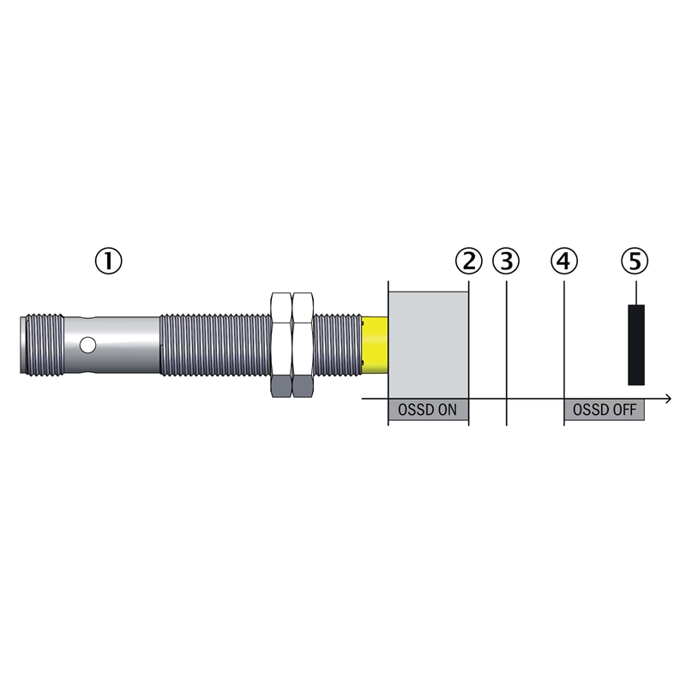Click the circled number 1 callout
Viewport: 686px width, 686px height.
click(109, 262)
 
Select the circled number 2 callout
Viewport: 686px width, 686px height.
click(468, 262)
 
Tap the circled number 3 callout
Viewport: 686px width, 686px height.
click(506, 262)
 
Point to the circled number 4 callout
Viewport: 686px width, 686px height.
click(564, 262)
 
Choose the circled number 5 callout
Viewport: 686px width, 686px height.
click(635, 262)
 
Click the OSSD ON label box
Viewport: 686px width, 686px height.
click(428, 410)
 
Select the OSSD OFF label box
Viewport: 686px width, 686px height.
click(605, 410)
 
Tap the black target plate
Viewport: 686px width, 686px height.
click(636, 345)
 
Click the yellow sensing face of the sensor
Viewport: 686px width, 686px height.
click(375, 346)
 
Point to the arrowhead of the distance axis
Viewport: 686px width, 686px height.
click(668, 399)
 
